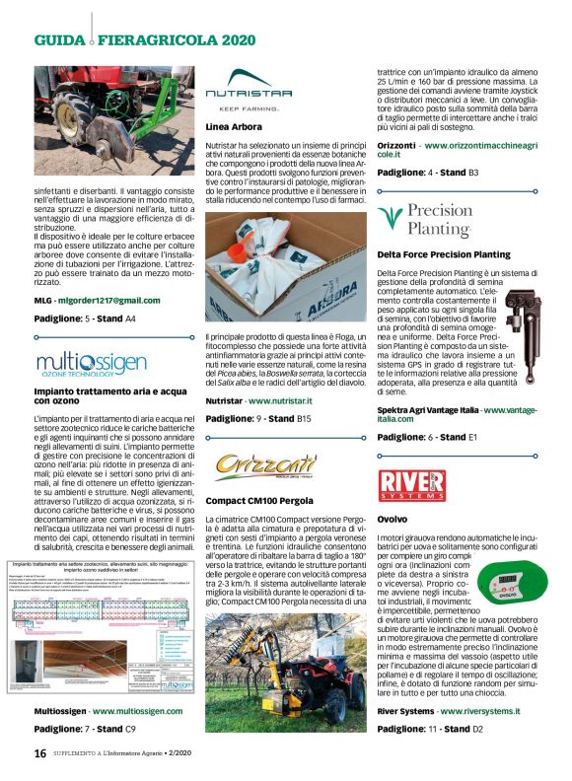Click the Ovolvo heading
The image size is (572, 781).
tap(393, 518)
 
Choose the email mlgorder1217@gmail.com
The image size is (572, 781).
tap(108, 300)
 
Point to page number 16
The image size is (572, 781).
tap(40, 752)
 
